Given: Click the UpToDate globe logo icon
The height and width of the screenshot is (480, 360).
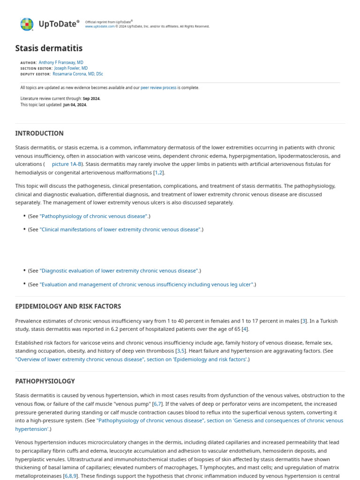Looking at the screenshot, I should [27, 24].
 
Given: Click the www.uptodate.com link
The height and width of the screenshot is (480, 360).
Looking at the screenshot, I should [99, 26].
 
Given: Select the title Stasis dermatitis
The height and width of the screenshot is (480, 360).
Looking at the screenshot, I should [49, 48].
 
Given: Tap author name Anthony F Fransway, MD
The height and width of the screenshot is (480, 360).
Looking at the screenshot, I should [61, 62].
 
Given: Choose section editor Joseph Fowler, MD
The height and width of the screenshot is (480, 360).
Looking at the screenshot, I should [71, 68].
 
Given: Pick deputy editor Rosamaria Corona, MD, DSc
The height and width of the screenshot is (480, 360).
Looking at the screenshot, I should [78, 74].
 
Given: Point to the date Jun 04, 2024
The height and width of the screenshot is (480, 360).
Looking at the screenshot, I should [75, 105].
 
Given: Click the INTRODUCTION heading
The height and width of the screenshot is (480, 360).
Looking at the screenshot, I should [39, 133].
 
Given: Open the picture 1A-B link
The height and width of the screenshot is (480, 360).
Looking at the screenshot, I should [67, 164].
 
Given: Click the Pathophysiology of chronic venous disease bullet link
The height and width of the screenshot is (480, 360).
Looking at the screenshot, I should [94, 216].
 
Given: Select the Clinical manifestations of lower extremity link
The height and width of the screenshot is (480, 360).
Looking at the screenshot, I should [120, 230].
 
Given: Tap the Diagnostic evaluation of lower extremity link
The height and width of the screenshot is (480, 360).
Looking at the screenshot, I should [119, 271].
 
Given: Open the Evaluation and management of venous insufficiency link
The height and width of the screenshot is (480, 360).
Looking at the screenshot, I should [147, 285].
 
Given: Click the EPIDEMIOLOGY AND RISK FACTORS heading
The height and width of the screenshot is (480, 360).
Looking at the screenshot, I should [68, 306].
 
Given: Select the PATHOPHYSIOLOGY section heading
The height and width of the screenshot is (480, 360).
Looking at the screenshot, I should [45, 381].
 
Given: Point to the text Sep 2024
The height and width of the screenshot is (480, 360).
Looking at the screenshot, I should [91, 98].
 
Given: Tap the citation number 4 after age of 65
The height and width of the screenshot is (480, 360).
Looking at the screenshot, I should [244, 329].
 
